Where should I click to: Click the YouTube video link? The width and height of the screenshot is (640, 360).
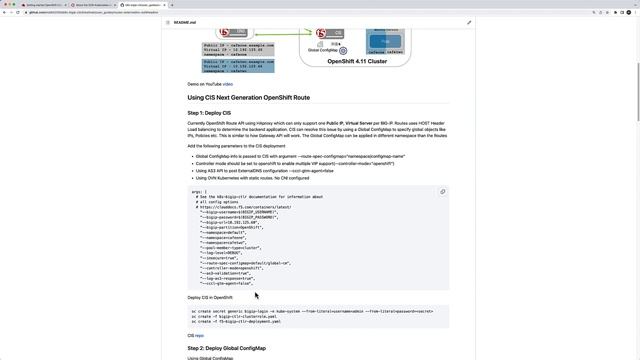coord(228,84)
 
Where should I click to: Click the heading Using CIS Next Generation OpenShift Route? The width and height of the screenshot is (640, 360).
coord(248,98)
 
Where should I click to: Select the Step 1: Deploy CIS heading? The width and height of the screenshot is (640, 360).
coord(209,113)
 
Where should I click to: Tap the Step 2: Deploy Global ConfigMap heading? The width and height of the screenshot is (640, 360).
coord(226,348)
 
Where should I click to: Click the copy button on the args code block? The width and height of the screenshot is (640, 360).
coord(442,192)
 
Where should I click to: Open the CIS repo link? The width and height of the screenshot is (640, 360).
coord(195,335)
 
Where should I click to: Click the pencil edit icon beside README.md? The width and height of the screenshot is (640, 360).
coord(469,22)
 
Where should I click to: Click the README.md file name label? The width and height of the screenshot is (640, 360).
coord(184,22)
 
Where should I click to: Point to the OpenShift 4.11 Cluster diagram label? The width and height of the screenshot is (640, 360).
coord(357,61)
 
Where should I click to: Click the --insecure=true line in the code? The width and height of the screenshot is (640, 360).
coord(221,257)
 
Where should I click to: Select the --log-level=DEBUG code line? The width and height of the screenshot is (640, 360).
coord(224,252)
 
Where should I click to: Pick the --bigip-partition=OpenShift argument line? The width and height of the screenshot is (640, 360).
coord(231,227)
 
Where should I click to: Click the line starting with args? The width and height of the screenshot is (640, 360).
coord(198,191)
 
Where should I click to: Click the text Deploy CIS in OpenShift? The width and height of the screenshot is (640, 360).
coord(210,297)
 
